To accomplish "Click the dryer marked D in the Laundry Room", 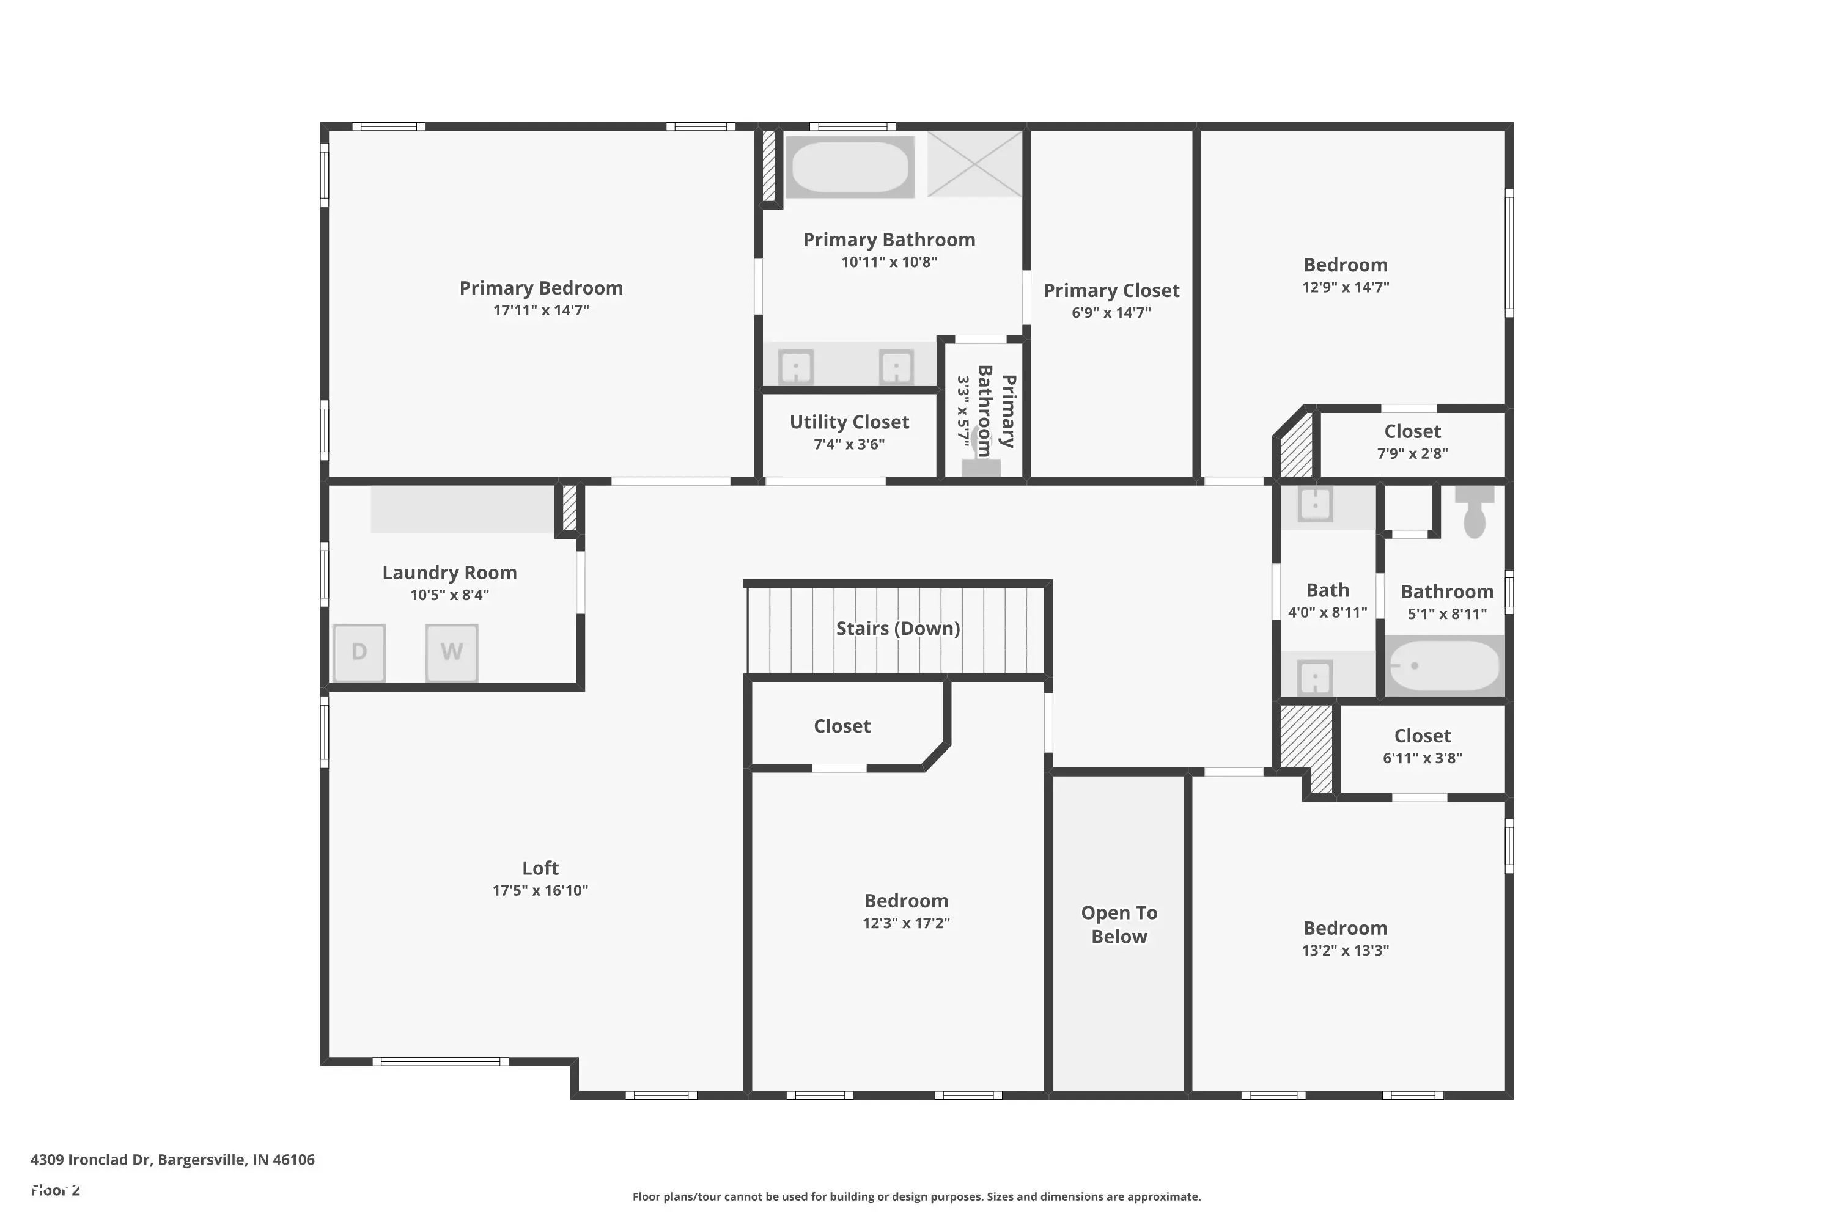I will (x=359, y=653).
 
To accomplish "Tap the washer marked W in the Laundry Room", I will (x=452, y=653).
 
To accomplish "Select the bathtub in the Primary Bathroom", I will (x=850, y=167).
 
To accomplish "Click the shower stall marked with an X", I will (x=974, y=164).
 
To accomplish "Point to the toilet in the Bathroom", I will (x=1474, y=512).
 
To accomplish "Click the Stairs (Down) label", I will (x=897, y=628).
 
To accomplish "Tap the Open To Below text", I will (x=1118, y=924).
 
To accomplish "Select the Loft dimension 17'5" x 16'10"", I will (x=540, y=890).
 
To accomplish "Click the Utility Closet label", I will (x=849, y=422).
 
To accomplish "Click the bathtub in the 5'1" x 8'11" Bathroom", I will (x=1444, y=665).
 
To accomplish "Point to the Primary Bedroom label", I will (x=540, y=288).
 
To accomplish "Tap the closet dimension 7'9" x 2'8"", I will (x=1412, y=453).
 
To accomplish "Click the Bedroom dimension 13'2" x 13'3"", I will (x=1344, y=950).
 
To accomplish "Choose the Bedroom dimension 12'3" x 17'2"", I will (x=905, y=923).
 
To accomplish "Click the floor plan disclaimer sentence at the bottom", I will (x=916, y=1196).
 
